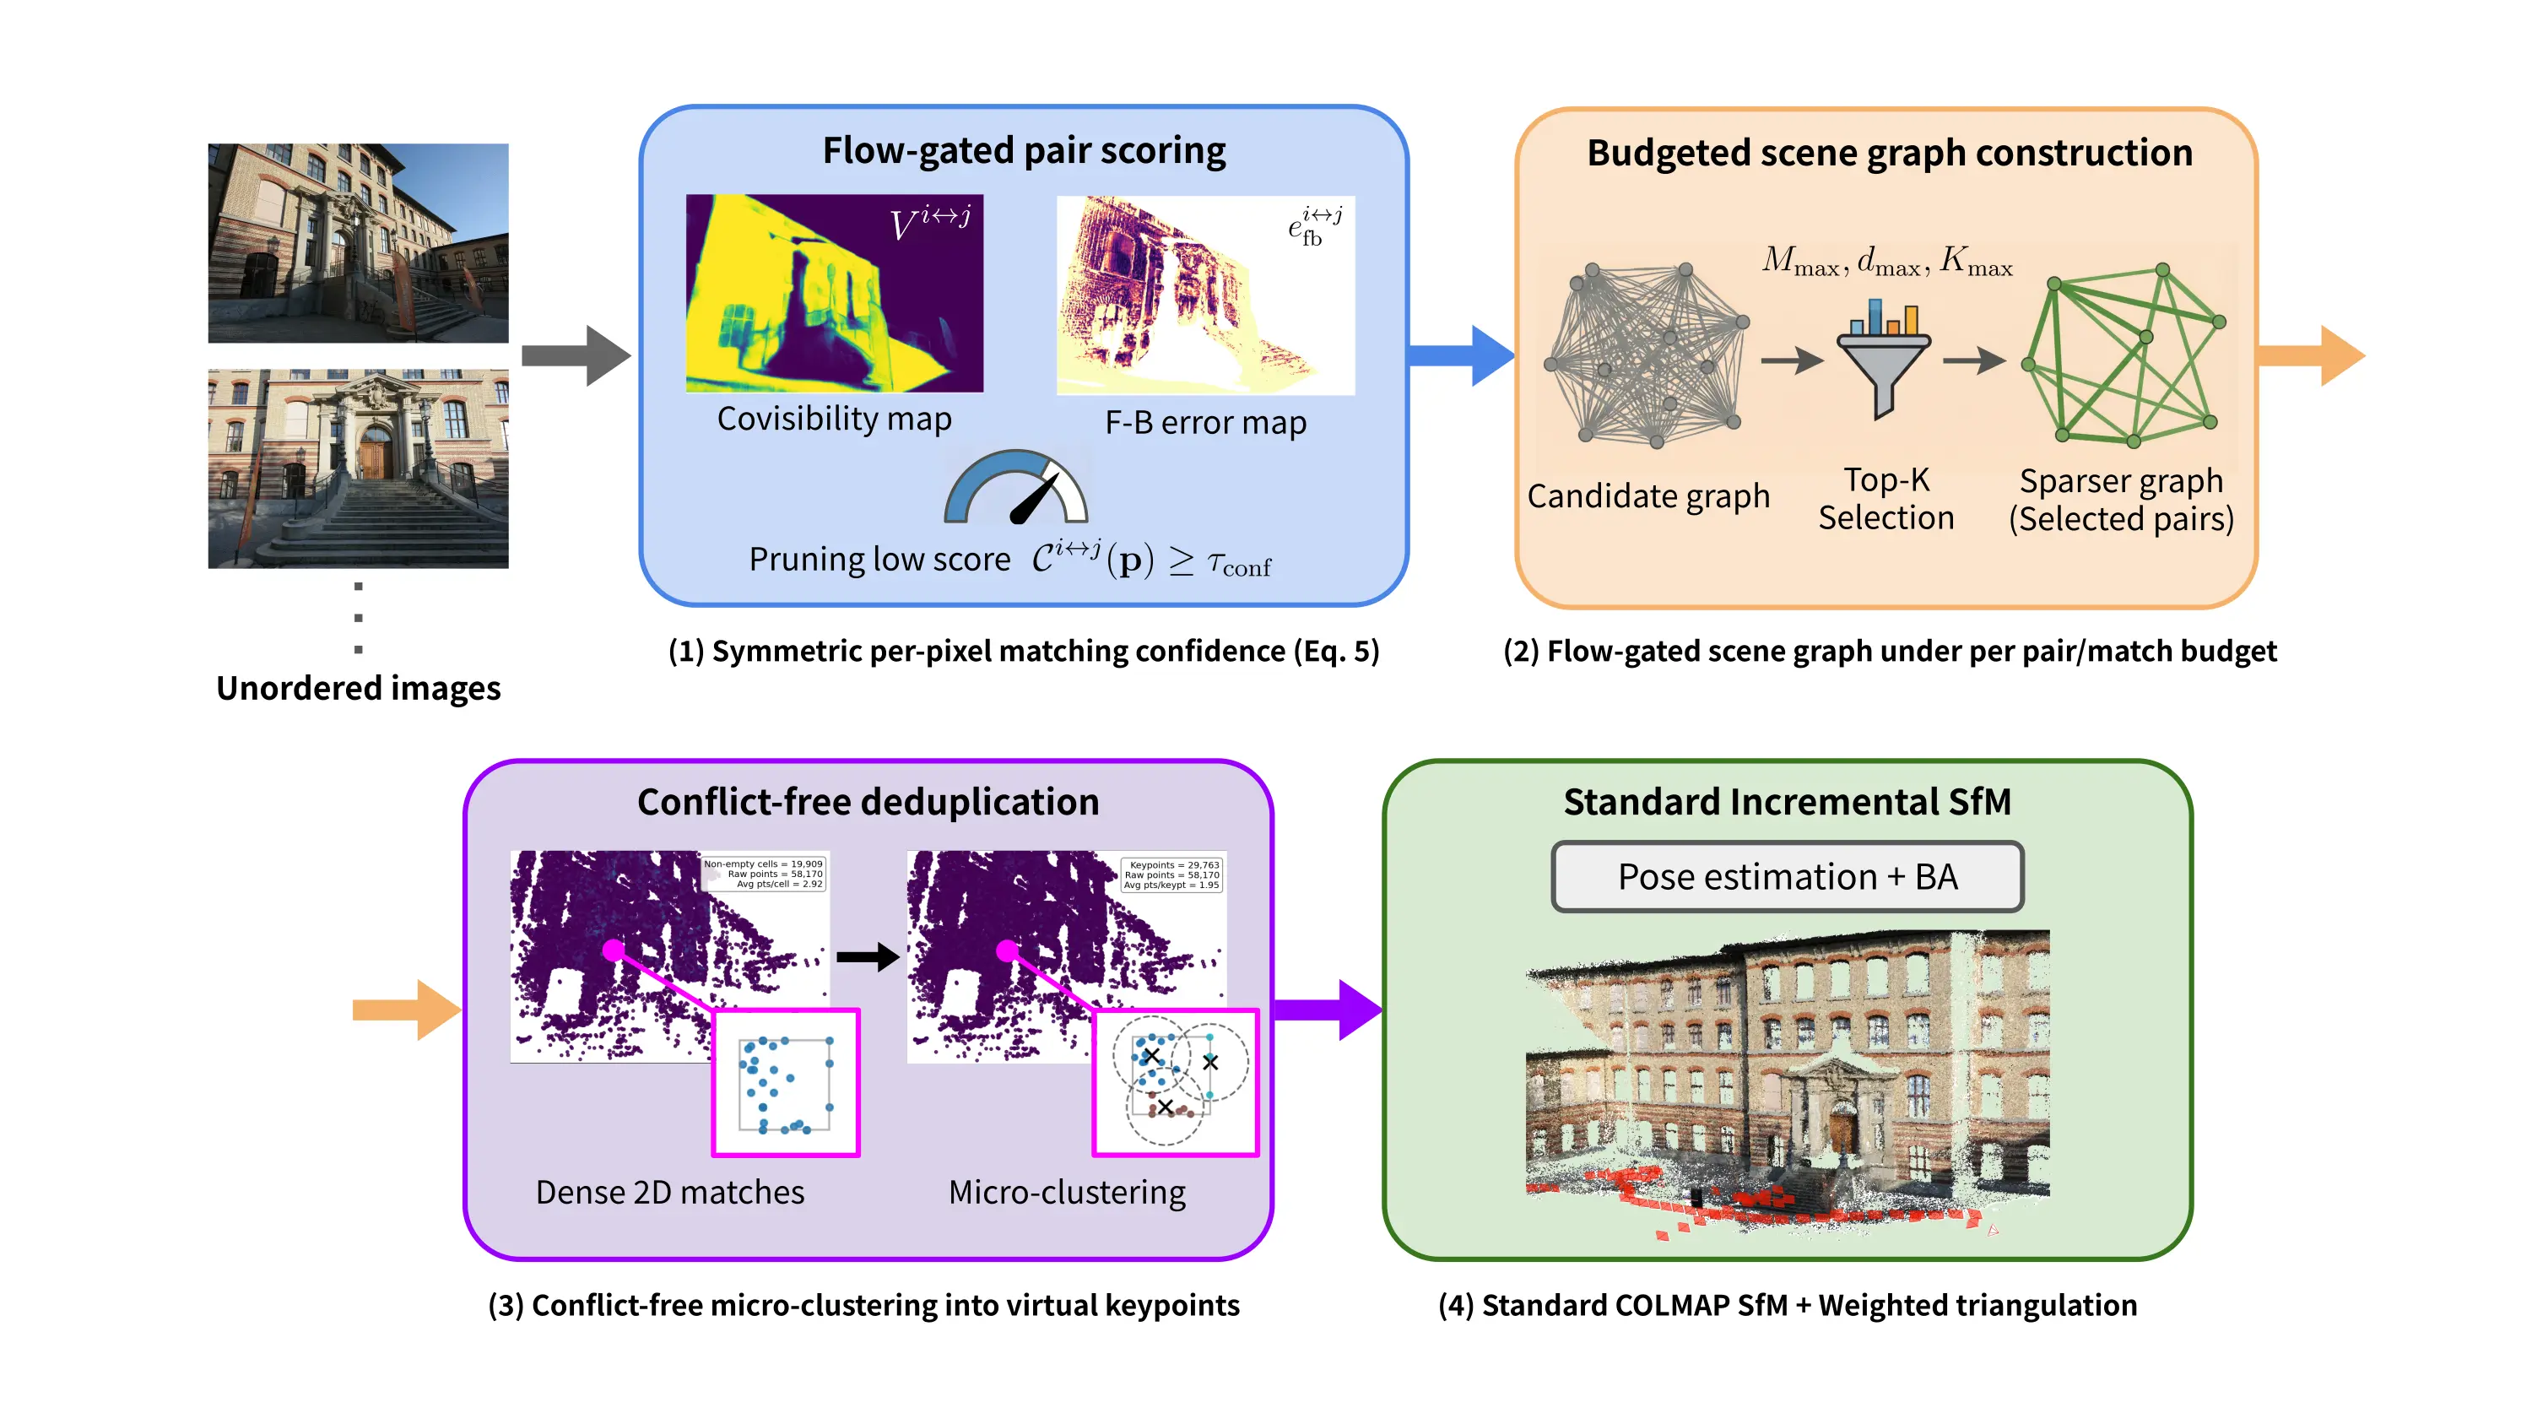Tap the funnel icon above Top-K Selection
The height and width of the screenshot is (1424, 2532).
[1882, 360]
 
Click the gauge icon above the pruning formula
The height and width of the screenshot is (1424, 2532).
[1015, 487]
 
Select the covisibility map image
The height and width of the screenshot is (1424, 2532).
[834, 293]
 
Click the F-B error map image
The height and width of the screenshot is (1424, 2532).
[1204, 295]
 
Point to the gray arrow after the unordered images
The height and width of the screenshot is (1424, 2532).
[575, 355]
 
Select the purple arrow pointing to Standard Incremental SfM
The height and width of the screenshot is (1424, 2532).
[1328, 1009]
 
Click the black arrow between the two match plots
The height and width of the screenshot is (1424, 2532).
[867, 956]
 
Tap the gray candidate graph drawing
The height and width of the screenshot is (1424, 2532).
[1647, 355]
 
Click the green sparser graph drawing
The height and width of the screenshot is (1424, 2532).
[2124, 355]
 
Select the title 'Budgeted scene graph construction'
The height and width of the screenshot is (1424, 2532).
[1888, 152]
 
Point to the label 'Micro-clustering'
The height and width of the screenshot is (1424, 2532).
[1067, 1191]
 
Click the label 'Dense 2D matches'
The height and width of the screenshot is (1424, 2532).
[669, 1191]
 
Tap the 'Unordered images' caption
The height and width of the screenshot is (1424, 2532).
[358, 687]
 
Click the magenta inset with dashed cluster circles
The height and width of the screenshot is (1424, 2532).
[1175, 1081]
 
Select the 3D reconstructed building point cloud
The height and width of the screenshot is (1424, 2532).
[1786, 1081]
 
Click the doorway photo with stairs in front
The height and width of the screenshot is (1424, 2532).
[358, 468]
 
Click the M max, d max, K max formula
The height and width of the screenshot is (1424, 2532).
[1886, 262]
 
